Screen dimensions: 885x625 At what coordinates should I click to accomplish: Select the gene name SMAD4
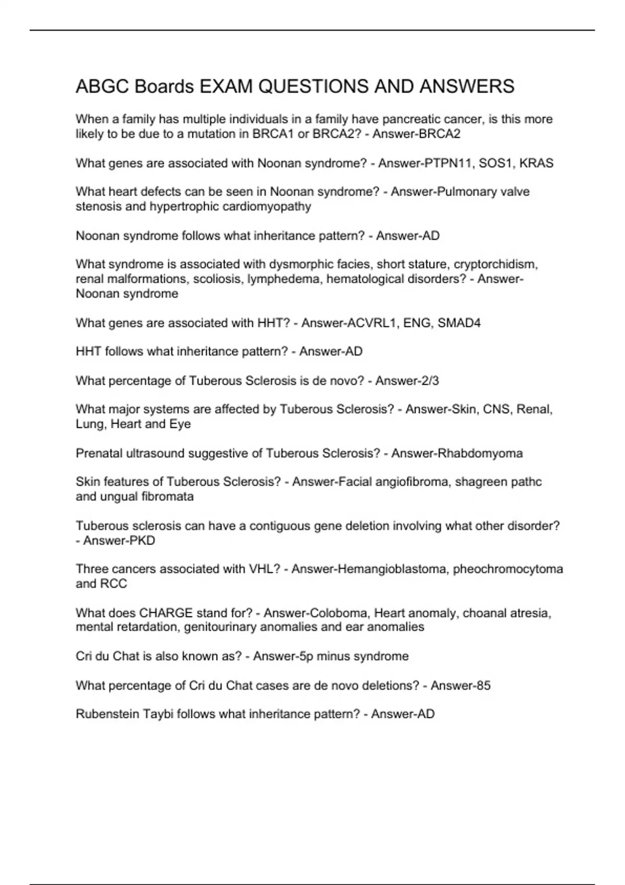(459, 323)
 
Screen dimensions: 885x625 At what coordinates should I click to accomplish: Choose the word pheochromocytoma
(508, 569)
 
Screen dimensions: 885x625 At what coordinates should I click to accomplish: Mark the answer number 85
(483, 686)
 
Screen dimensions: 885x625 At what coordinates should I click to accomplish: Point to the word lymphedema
(284, 279)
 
